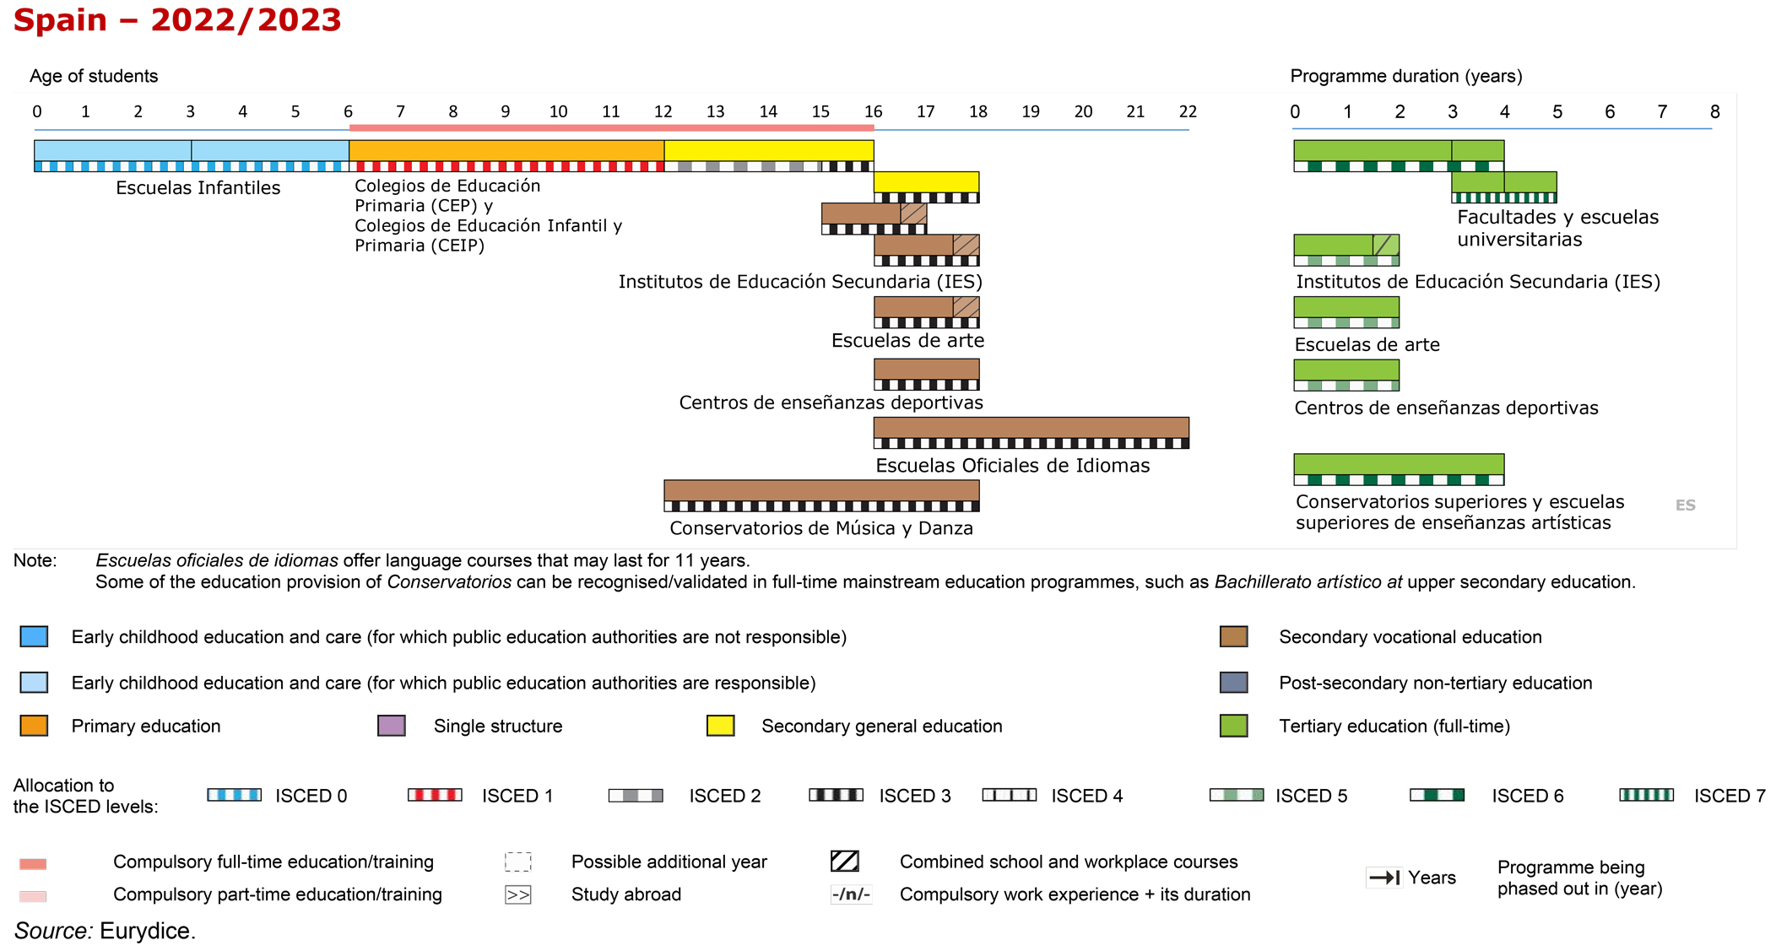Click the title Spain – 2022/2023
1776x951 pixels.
[x=177, y=20]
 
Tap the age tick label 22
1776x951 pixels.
[x=1188, y=111]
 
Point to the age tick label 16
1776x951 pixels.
[x=873, y=111]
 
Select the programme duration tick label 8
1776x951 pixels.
[x=1714, y=111]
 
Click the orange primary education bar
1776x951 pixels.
[x=506, y=150]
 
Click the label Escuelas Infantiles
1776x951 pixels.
[x=198, y=187]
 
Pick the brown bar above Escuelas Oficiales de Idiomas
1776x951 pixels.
[x=1031, y=428]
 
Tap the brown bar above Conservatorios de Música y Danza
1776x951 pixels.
[x=821, y=490]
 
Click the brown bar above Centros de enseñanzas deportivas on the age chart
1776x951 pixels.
[x=926, y=370]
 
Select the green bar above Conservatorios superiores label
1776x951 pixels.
[x=1399, y=464]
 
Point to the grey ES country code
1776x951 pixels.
[x=1685, y=505]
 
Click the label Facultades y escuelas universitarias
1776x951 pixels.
[x=1557, y=228]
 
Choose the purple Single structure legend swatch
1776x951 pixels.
[x=392, y=726]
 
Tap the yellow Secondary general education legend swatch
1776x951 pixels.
[x=720, y=726]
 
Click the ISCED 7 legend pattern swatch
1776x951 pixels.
[x=1646, y=795]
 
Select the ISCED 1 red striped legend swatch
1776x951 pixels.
[x=435, y=795]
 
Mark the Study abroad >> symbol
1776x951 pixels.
[x=517, y=894]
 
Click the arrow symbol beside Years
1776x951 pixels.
[x=1384, y=878]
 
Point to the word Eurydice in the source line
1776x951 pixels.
[x=147, y=931]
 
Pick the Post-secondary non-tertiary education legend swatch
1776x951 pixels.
[x=1233, y=682]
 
